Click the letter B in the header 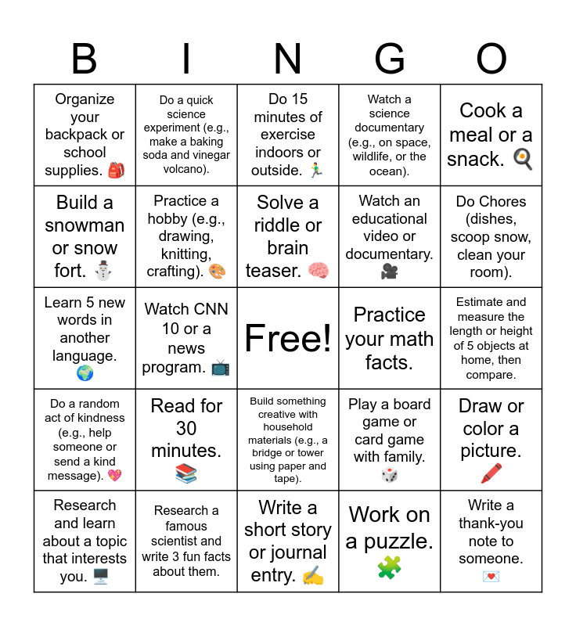click(85, 59)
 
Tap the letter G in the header click(389, 59)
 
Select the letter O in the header click(491, 59)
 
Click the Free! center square click(288, 338)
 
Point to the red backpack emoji click(116, 170)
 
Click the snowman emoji click(103, 271)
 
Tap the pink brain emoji click(318, 271)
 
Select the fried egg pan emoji click(522, 159)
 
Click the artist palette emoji click(217, 272)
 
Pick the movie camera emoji click(389, 271)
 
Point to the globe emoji click(85, 373)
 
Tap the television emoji click(221, 367)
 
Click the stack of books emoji click(186, 473)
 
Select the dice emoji click(389, 475)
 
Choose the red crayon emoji click(491, 473)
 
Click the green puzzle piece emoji click(389, 567)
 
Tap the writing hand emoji click(312, 577)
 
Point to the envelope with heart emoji click(491, 577)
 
